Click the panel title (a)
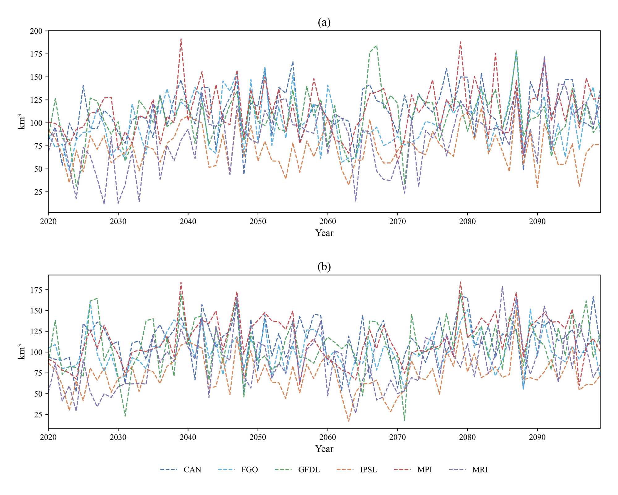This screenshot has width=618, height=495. [x=324, y=22]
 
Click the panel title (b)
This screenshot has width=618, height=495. [x=324, y=266]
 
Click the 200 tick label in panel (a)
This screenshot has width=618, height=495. [x=36, y=31]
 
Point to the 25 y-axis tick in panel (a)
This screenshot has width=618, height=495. [x=38, y=192]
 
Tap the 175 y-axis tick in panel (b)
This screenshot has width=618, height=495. [x=36, y=290]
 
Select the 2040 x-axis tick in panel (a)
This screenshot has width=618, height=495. [x=188, y=221]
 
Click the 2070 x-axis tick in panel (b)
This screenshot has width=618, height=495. [x=397, y=437]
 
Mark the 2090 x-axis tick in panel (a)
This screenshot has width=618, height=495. [x=537, y=221]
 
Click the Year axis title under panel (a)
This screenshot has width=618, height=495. [x=324, y=233]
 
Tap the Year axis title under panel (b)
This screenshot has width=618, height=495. [x=324, y=449]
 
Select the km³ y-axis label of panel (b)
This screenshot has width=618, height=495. [x=21, y=351]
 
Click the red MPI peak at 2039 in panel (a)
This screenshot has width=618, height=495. [x=181, y=39]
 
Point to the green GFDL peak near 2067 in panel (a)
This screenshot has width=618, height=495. [x=376, y=46]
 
